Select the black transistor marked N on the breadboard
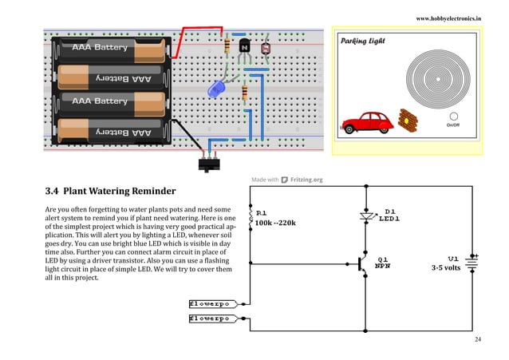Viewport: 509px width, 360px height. point(245,49)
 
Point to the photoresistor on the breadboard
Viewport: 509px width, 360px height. point(265,49)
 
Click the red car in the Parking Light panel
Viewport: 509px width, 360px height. point(367,122)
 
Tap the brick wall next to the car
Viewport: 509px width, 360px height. point(408,121)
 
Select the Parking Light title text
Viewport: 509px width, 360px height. point(363,41)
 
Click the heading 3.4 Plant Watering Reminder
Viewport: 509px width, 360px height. point(110,192)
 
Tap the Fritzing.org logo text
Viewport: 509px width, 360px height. point(306,180)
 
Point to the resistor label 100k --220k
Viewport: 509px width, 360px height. point(275,223)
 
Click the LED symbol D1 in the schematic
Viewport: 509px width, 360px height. point(366,216)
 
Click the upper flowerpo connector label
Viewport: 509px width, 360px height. point(209,304)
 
